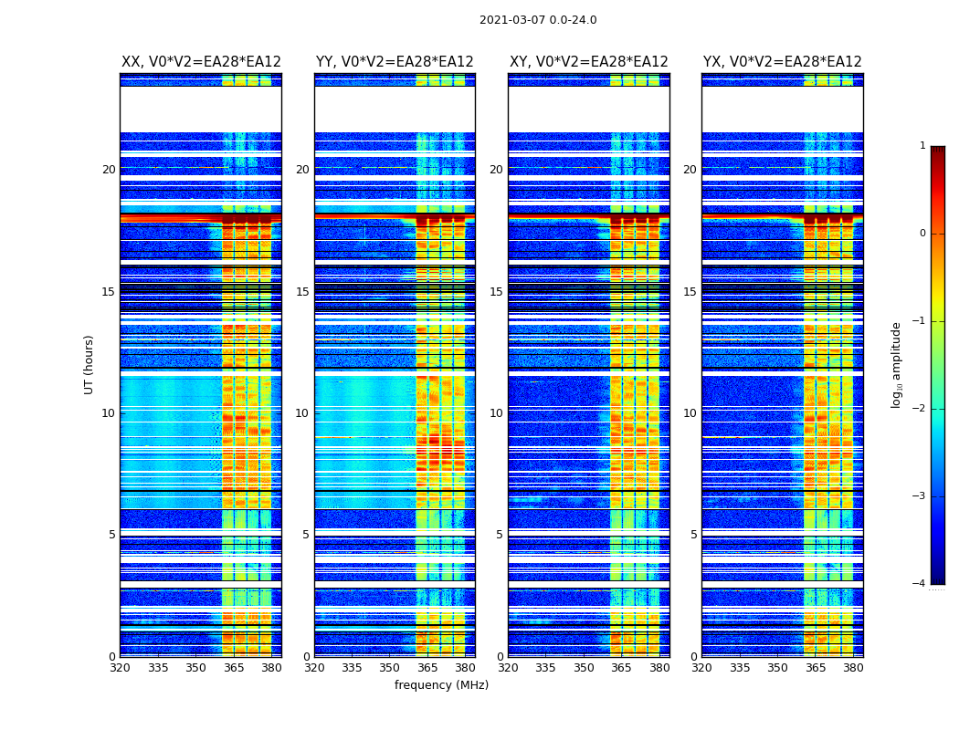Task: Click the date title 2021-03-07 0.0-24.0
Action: point(538,20)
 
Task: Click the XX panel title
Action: point(201,62)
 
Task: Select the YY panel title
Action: point(395,62)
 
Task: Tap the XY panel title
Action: point(589,62)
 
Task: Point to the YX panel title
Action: point(783,62)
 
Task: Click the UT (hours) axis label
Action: point(90,364)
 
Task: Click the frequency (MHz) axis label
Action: point(441,685)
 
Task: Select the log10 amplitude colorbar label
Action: point(897,364)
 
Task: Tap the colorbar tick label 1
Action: point(922,146)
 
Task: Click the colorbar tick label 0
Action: point(922,234)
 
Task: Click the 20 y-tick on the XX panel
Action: point(109,170)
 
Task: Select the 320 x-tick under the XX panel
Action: point(120,668)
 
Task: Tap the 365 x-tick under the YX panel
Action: point(816,668)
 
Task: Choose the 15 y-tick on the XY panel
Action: point(497,292)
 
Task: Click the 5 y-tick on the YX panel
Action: point(694,535)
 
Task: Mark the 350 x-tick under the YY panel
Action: point(390,668)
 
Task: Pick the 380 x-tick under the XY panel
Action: point(659,668)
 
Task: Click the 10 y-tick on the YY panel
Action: point(302,413)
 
